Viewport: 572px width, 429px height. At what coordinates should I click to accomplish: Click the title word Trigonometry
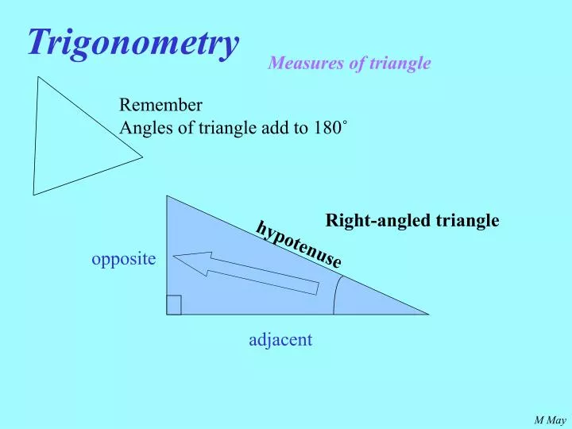pos(133,42)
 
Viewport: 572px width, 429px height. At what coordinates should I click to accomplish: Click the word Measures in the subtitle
pos(298,64)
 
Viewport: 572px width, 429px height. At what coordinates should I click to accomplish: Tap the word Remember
pos(160,105)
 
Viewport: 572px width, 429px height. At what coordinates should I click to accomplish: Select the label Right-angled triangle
pos(412,220)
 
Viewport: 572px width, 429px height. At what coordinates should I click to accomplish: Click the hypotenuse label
pos(299,244)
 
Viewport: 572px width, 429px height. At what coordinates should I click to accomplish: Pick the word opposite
pos(124,260)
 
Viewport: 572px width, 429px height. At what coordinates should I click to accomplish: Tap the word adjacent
pos(280,340)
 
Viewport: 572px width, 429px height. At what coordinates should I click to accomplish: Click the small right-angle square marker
pos(174,305)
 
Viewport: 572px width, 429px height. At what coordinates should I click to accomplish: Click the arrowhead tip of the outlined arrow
pos(174,257)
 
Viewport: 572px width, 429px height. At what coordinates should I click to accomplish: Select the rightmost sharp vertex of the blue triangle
pos(428,314)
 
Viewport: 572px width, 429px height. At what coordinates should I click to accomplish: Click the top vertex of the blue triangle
pos(167,196)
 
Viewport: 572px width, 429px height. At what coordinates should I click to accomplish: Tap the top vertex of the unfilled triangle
pos(38,76)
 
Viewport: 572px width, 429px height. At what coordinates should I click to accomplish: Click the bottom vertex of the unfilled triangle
pos(33,195)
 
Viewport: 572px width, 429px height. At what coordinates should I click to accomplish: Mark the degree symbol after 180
pos(344,124)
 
